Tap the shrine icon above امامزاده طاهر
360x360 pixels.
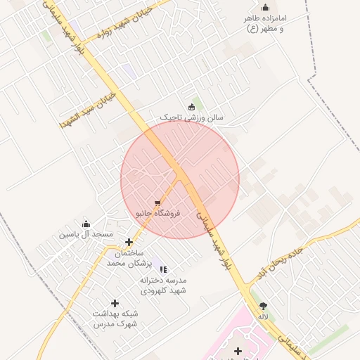[265, 8]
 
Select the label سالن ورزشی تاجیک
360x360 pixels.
[191, 118]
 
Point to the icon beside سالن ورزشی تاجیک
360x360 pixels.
[191, 107]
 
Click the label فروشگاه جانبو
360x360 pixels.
[158, 213]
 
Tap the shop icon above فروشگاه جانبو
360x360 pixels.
[157, 202]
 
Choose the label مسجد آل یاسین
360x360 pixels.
[86, 233]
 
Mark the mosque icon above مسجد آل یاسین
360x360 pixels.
[86, 223]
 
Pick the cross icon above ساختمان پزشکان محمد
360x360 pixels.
[129, 242]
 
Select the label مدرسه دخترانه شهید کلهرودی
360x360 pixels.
[163, 285]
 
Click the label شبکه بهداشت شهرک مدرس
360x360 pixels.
[116, 319]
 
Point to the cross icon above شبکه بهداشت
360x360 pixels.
[115, 304]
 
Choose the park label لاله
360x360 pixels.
[264, 317]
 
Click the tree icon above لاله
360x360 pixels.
[264, 306]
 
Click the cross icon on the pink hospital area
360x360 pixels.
[238, 350]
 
